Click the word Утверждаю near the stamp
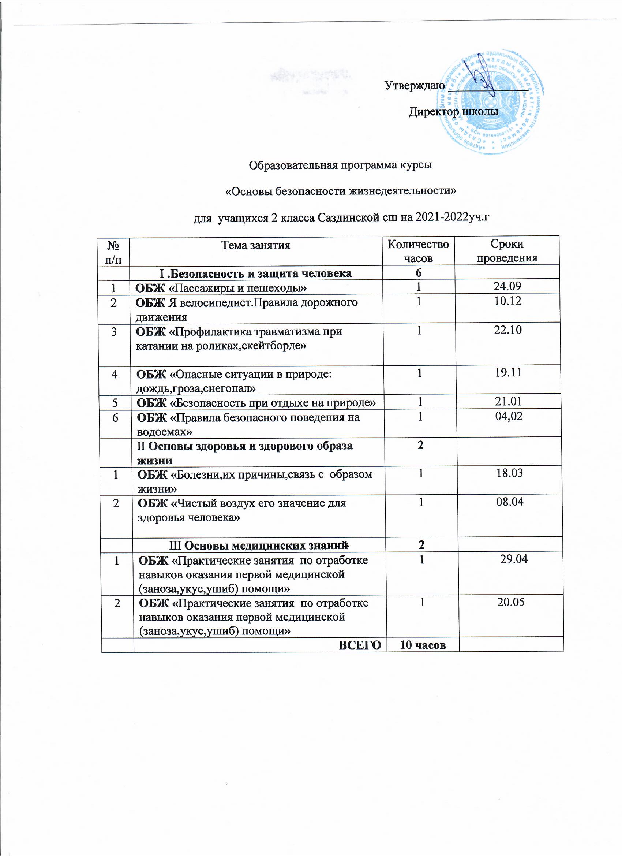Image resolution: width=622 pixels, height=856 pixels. (x=415, y=86)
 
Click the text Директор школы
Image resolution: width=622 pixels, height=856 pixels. (x=453, y=112)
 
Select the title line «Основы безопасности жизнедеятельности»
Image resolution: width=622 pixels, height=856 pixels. (x=341, y=191)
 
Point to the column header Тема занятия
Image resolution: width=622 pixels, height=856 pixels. (x=255, y=246)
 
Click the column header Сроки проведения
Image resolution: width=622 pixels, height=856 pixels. (x=507, y=251)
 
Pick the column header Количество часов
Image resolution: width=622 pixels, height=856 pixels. (x=418, y=252)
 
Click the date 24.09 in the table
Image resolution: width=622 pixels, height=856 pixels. (x=507, y=286)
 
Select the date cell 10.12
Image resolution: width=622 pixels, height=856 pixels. (x=507, y=301)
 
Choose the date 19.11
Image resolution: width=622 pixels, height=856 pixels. (x=508, y=372)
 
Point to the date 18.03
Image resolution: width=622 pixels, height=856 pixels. (x=509, y=473)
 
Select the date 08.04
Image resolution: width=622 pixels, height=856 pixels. (x=510, y=502)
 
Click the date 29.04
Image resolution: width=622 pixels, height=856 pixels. (x=514, y=559)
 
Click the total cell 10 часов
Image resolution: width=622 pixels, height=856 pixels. (x=423, y=645)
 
